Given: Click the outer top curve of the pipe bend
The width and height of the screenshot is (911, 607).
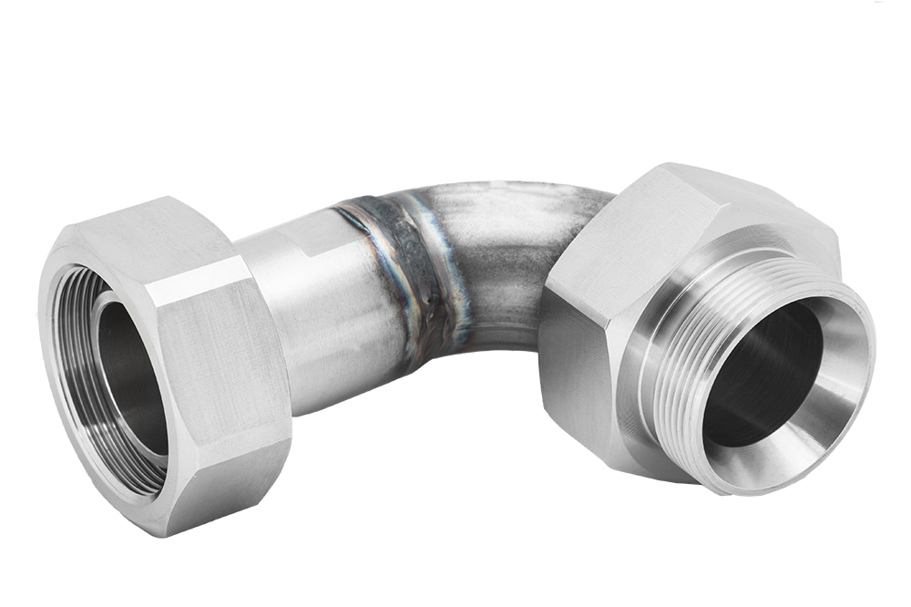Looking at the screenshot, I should [510, 196].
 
